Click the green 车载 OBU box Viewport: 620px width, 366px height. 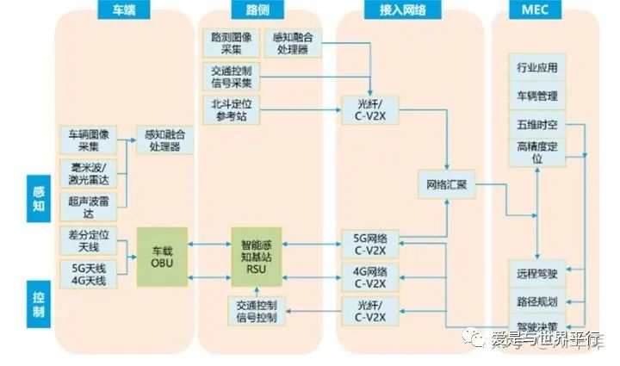pos(162,256)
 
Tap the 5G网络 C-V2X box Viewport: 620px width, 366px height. pos(365,243)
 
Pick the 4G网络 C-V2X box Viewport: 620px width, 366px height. pos(365,277)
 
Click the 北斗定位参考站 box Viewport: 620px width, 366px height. pos(231,109)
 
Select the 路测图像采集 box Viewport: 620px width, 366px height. pos(231,44)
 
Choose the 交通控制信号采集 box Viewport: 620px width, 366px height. pos(231,76)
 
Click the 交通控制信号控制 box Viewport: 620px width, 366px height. pos(255,311)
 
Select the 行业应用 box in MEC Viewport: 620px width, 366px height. pos(537,67)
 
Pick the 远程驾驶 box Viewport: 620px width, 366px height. pos(537,273)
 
